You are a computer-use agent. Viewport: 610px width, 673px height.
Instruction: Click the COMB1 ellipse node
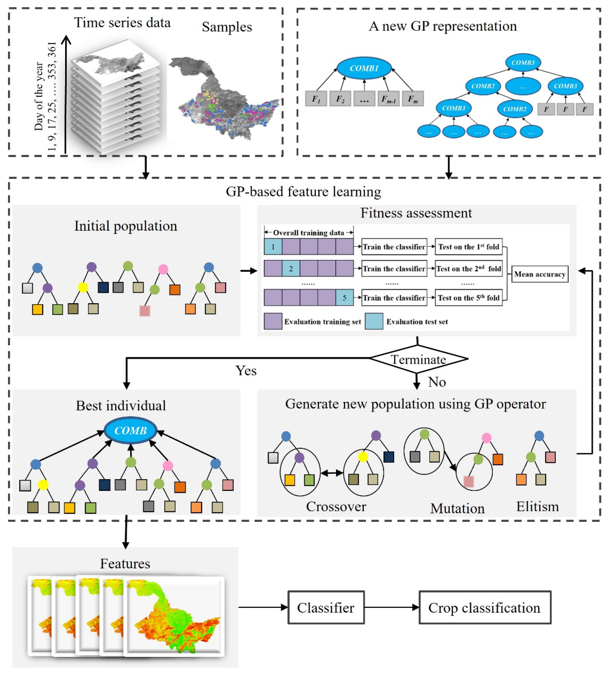pos(364,68)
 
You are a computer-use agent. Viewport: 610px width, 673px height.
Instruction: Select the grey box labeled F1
pos(316,99)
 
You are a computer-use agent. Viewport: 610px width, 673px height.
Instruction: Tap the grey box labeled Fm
pos(413,99)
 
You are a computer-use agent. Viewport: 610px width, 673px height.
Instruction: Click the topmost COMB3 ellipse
pos(523,62)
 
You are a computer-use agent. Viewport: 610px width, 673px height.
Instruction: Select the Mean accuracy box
pos(540,274)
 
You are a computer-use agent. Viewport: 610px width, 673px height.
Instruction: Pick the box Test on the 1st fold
pos(468,247)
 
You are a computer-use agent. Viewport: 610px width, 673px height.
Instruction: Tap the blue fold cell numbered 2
pos(291,269)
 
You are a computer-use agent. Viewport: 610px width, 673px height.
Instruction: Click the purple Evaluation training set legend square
pos(273,321)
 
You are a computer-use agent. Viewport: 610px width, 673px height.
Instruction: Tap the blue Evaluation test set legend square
pos(374,321)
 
